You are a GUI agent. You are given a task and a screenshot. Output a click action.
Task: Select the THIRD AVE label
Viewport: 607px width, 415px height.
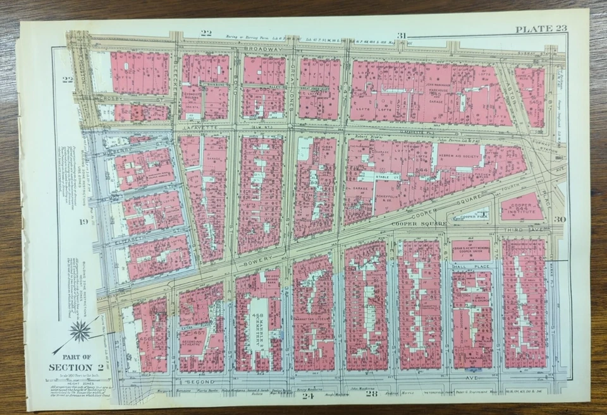click(x=528, y=232)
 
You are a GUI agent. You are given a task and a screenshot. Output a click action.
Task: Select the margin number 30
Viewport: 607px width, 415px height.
click(x=559, y=219)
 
